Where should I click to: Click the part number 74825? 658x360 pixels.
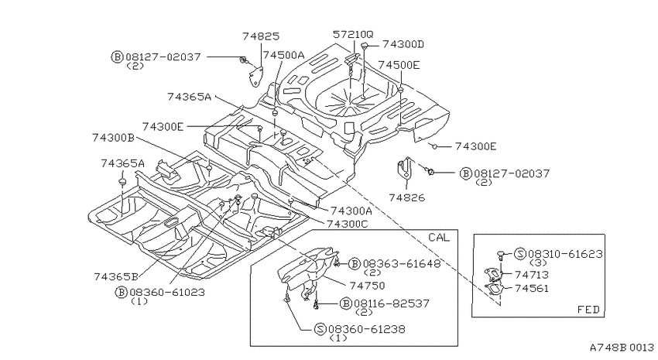(x=261, y=36)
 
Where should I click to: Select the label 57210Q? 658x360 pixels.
(x=353, y=34)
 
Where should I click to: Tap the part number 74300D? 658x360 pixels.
(x=403, y=44)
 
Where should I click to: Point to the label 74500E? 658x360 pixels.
(x=399, y=64)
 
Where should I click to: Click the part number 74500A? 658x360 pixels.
(x=283, y=55)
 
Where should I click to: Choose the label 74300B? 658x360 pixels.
(x=113, y=137)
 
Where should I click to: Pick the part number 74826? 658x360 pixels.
(x=406, y=197)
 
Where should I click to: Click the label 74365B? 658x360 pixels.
(x=116, y=276)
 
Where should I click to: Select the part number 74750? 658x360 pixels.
(x=367, y=286)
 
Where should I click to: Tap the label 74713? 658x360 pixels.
(x=531, y=274)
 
